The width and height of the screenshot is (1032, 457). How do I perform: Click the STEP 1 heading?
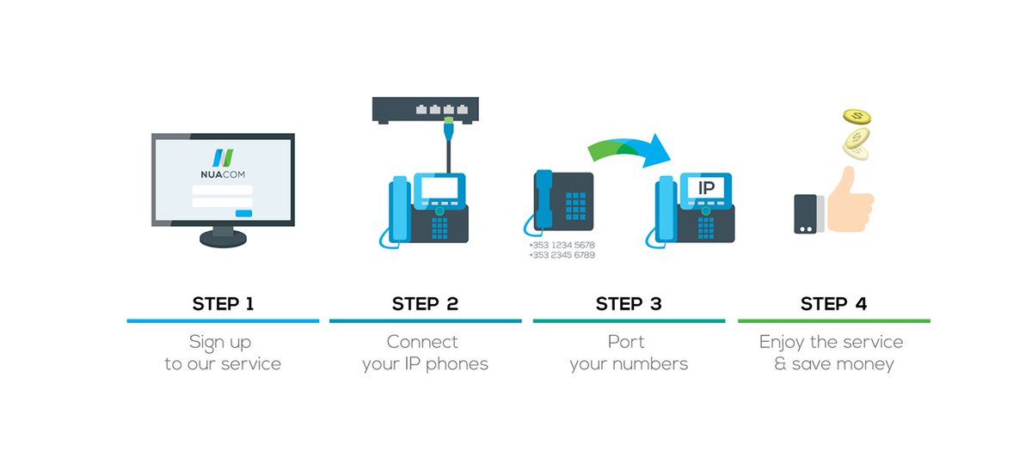click(x=223, y=303)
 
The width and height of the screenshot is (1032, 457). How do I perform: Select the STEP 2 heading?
click(x=425, y=303)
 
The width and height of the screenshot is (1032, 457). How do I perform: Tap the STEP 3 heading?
click(x=630, y=303)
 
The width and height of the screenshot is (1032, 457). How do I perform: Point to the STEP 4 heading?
click(x=833, y=303)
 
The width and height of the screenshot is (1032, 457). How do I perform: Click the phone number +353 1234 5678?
click(x=562, y=245)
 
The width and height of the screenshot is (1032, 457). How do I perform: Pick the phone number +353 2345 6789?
click(x=562, y=255)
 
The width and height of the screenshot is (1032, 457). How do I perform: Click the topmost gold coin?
click(x=857, y=116)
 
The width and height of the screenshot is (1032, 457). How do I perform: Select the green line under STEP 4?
click(x=833, y=321)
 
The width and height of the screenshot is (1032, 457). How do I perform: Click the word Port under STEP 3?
click(x=626, y=342)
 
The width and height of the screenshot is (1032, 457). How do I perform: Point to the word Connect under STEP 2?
click(x=422, y=342)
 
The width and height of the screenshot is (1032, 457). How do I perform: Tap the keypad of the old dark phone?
click(x=574, y=205)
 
